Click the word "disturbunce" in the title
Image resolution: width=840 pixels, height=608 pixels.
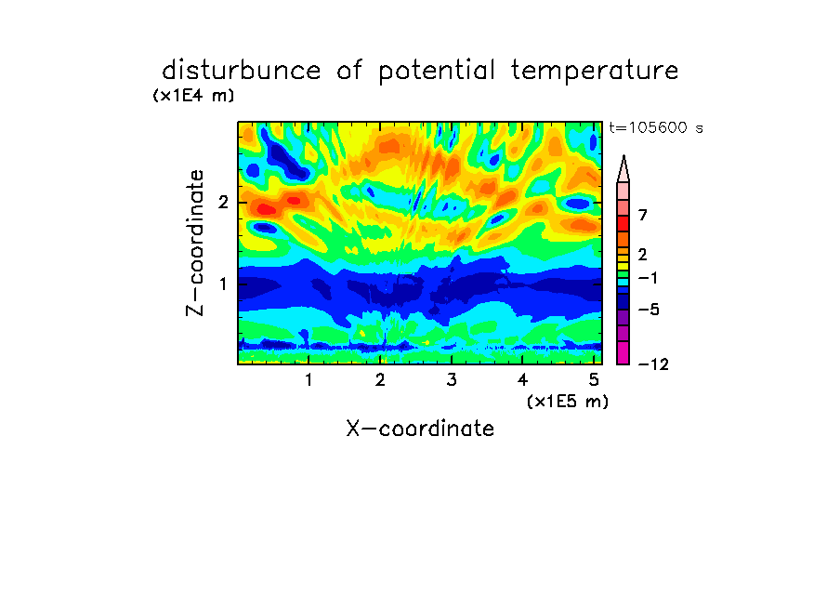241,71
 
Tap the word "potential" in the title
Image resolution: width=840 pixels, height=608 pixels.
437,72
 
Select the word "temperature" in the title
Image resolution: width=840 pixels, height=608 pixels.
595,72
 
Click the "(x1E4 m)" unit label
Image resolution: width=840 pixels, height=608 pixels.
193,96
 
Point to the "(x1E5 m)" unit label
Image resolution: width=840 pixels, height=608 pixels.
568,401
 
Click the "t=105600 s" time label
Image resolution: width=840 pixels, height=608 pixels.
656,128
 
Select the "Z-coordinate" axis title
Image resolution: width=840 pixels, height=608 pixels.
195,243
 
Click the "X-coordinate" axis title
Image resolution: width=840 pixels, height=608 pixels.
420,429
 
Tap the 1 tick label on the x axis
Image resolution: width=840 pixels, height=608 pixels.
308,380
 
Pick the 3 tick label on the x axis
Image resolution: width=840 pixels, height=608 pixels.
452,380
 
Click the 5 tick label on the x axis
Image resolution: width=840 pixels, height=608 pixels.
594,380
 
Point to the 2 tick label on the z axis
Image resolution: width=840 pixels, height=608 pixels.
223,203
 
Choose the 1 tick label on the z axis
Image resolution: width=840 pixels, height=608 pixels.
223,284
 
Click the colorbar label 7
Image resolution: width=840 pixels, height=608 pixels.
643,216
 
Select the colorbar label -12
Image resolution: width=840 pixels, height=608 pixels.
653,364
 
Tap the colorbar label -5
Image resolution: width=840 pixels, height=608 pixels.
649,310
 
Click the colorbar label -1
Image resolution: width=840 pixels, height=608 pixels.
648,278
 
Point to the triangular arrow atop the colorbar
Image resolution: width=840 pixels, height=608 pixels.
623,168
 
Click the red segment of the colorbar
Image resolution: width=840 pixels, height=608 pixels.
623,223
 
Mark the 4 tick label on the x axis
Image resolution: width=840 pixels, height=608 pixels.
522,380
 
